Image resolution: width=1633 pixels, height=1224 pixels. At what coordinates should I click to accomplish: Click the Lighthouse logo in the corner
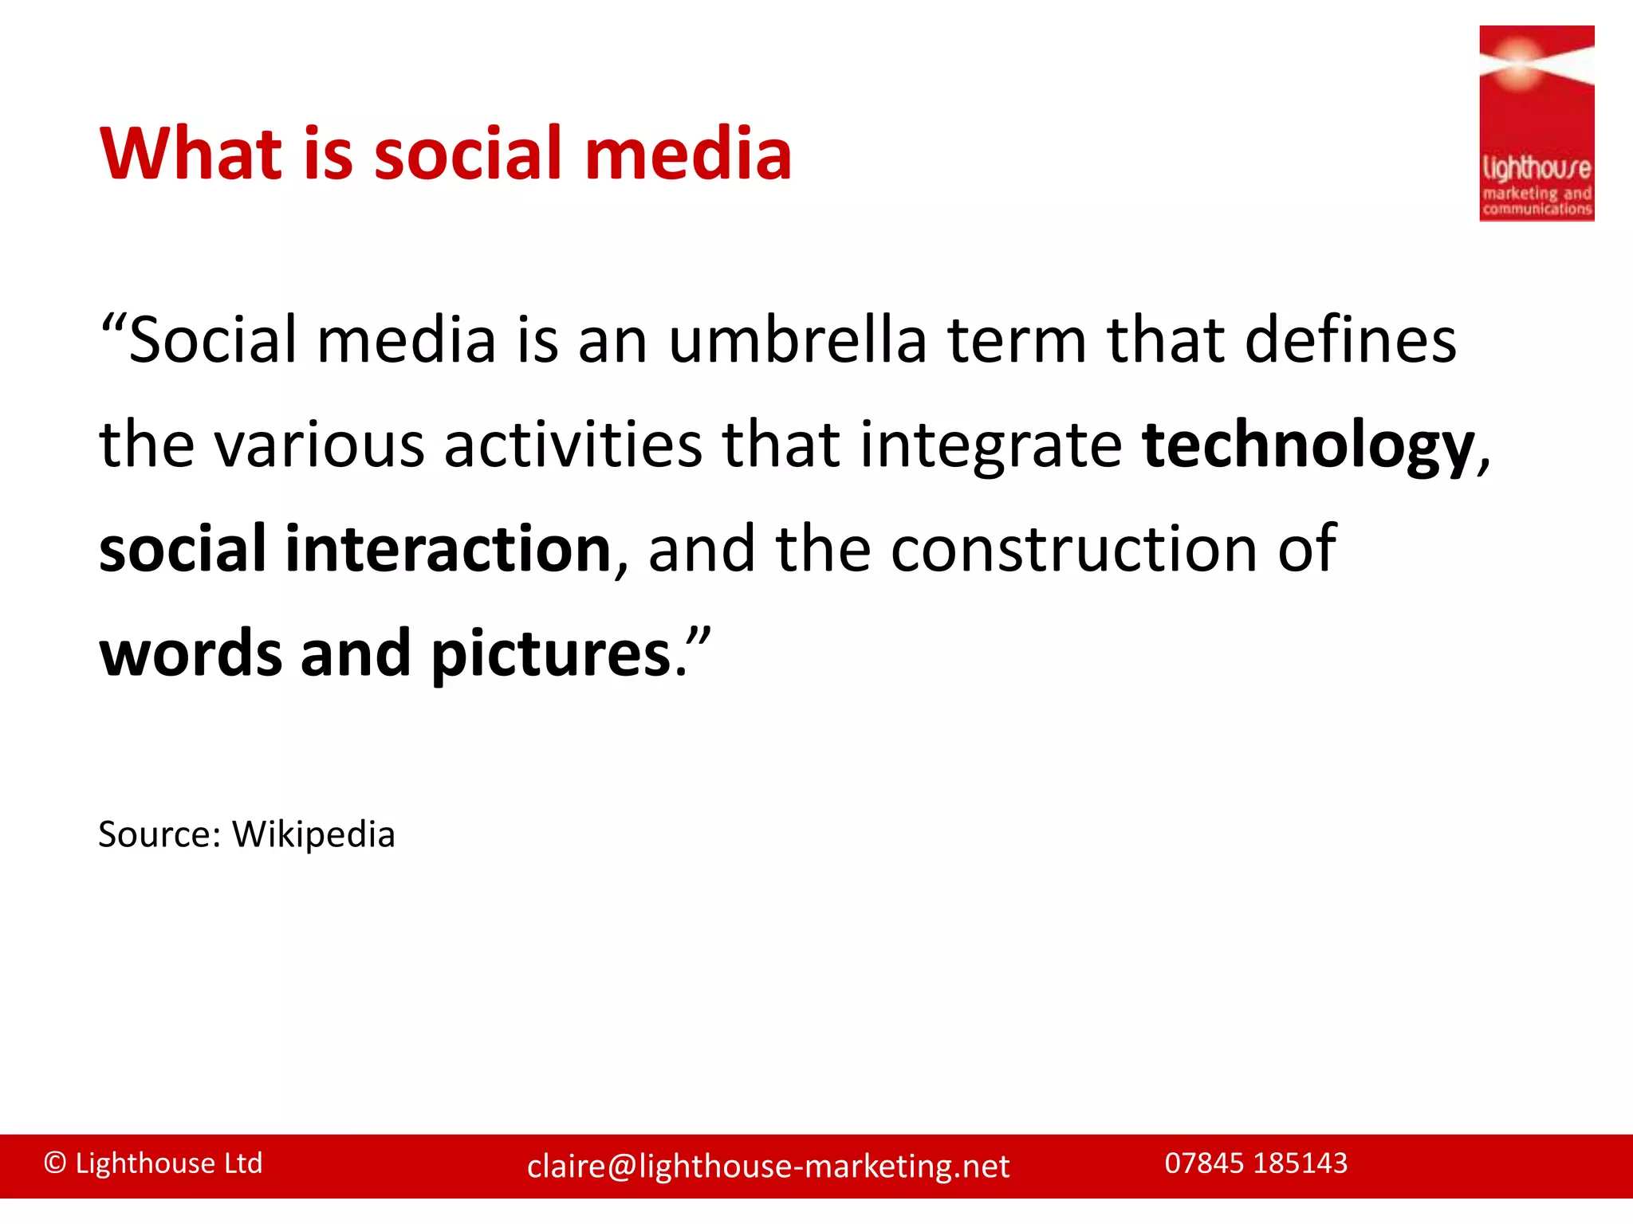click(1536, 124)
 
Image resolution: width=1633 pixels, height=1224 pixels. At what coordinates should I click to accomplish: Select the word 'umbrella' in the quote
click(797, 340)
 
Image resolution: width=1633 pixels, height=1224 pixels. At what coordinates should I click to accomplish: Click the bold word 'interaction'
click(448, 549)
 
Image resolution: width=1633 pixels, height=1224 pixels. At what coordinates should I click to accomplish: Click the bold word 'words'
click(191, 653)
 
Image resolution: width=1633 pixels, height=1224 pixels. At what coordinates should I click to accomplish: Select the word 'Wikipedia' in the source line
click(313, 835)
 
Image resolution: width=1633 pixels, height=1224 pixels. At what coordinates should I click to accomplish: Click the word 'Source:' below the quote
click(159, 835)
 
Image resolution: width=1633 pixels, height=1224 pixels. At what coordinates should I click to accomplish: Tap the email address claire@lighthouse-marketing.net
click(768, 1167)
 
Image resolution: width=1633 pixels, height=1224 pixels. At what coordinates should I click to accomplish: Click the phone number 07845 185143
click(1256, 1163)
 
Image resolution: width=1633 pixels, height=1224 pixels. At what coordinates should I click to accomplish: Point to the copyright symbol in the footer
click(55, 1163)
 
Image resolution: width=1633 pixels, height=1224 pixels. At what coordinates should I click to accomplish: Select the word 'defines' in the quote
click(1350, 340)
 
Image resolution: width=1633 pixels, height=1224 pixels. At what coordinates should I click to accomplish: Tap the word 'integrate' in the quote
click(991, 446)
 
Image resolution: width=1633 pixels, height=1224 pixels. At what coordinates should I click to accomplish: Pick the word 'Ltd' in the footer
click(243, 1163)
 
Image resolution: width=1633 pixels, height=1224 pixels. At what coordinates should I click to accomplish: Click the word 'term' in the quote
click(1017, 340)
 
